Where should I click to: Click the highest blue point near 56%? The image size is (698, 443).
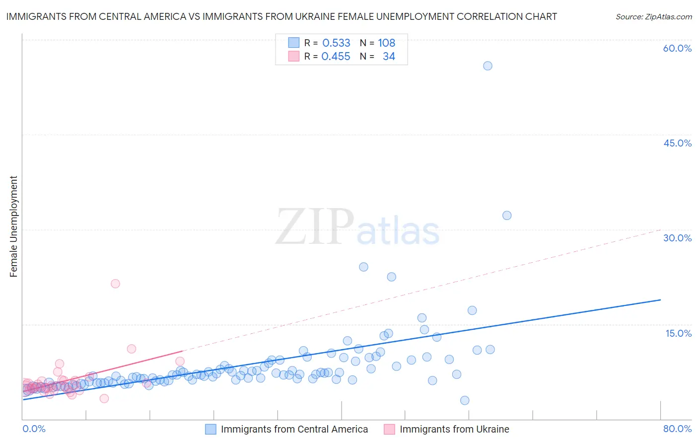[x=488, y=66]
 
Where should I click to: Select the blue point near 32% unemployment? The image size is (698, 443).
[x=506, y=215]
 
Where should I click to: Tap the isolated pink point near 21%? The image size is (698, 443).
[x=115, y=284]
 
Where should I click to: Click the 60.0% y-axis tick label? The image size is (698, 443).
[x=677, y=48]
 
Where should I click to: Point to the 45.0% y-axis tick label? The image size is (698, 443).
[x=677, y=143]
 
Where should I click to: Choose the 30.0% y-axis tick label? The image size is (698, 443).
[x=677, y=238]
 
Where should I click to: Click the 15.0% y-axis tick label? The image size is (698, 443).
[x=678, y=333]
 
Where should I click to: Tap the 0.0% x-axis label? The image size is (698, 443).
[x=34, y=429]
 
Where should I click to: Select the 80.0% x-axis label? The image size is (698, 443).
[x=677, y=429]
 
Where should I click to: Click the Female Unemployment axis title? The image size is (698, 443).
[x=13, y=226]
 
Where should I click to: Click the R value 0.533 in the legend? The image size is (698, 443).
[x=336, y=43]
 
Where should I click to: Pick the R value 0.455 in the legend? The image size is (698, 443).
[x=336, y=56]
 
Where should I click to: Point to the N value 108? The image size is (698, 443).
[x=386, y=43]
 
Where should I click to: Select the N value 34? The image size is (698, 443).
[x=389, y=56]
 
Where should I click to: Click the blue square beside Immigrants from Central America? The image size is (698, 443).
[x=210, y=429]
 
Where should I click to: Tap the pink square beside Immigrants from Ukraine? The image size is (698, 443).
[x=389, y=429]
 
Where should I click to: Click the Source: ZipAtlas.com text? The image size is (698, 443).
[x=653, y=16]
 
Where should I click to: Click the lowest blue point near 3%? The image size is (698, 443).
[x=464, y=400]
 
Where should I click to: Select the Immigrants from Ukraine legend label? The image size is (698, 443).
[x=454, y=429]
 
